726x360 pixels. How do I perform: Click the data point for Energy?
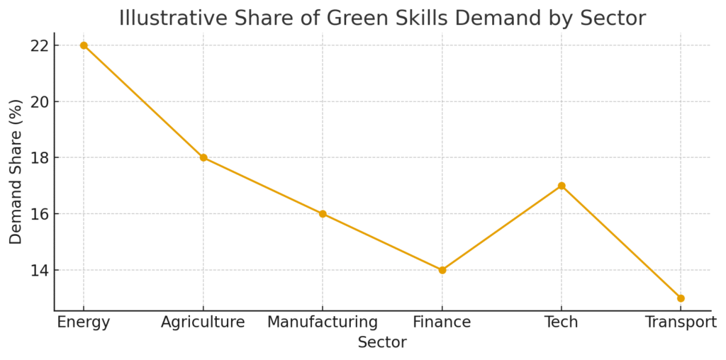tap(84, 45)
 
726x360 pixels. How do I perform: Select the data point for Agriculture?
tap(203, 157)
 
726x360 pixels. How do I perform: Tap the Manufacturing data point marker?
tap(323, 213)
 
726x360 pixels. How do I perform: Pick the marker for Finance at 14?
tap(442, 270)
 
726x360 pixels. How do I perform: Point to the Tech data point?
tap(562, 186)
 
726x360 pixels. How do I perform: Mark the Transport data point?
tap(681, 298)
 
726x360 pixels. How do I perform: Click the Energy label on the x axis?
tap(84, 322)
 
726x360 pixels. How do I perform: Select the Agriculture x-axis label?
tap(203, 322)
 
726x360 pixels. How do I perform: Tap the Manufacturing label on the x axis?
tap(323, 322)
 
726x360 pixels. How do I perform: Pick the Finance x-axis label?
tap(442, 322)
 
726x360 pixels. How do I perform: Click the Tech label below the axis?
tap(562, 322)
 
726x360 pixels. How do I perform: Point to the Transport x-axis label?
tap(681, 322)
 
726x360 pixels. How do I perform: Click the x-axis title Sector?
tap(382, 343)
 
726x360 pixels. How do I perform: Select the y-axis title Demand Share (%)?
tap(16, 171)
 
